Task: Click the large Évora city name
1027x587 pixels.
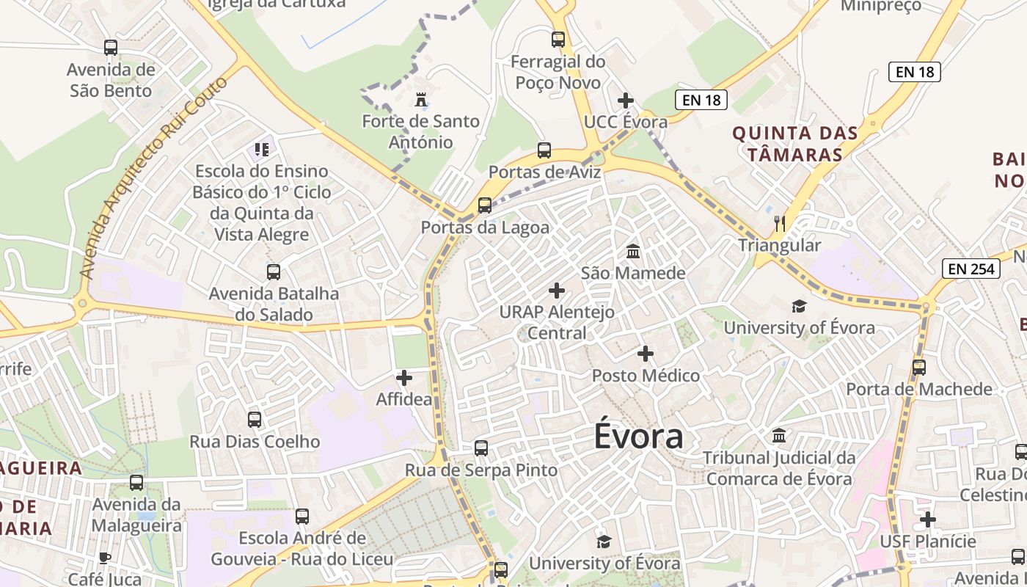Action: [638, 437]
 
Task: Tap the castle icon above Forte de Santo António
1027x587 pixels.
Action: [420, 99]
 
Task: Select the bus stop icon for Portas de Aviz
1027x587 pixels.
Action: [544, 150]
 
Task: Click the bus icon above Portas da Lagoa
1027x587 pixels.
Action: [484, 205]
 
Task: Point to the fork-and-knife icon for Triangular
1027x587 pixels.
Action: [779, 223]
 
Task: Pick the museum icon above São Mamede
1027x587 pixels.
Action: [633, 252]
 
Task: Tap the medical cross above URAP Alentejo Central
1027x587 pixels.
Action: [557, 291]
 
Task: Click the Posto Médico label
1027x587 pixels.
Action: [646, 376]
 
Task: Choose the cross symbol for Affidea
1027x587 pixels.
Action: [404, 378]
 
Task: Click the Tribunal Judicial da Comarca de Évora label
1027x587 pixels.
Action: [779, 468]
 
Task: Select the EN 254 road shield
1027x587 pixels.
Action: [971, 269]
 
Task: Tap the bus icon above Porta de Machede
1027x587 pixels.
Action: [918, 367]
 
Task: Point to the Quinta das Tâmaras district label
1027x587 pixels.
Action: [795, 144]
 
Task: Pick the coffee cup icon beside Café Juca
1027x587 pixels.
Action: [105, 558]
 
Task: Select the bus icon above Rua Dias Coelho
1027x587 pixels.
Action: [255, 420]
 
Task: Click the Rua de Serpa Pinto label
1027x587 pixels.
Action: [481, 470]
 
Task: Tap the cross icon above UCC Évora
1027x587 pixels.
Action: [626, 100]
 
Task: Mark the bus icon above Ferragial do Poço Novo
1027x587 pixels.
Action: [558, 40]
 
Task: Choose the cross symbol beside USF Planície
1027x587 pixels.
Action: [928, 519]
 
